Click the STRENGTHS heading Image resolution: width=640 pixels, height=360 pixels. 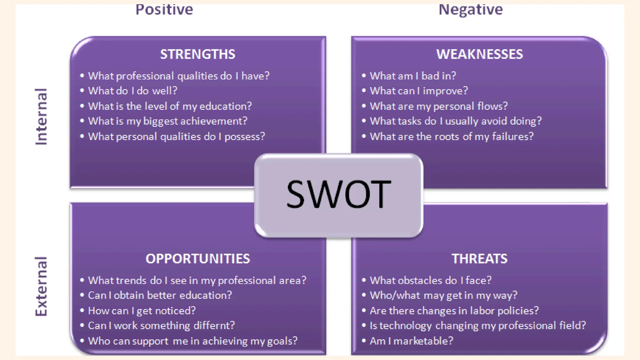(197, 54)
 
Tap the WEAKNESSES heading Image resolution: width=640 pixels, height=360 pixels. (479, 54)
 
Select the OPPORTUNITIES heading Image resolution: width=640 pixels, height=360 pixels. (197, 259)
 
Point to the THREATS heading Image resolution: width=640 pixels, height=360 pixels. (479, 259)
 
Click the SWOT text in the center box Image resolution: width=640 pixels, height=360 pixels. (338, 194)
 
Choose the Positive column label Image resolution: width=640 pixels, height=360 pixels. (164, 9)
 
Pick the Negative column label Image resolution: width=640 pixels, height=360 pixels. (471, 9)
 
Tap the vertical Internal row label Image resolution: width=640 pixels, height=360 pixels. (41, 117)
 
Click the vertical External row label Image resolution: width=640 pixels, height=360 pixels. (41, 286)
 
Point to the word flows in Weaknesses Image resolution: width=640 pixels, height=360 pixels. (492, 106)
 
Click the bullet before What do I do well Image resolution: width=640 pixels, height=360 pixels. (82, 91)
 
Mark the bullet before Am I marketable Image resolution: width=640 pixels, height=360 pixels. (364, 341)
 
